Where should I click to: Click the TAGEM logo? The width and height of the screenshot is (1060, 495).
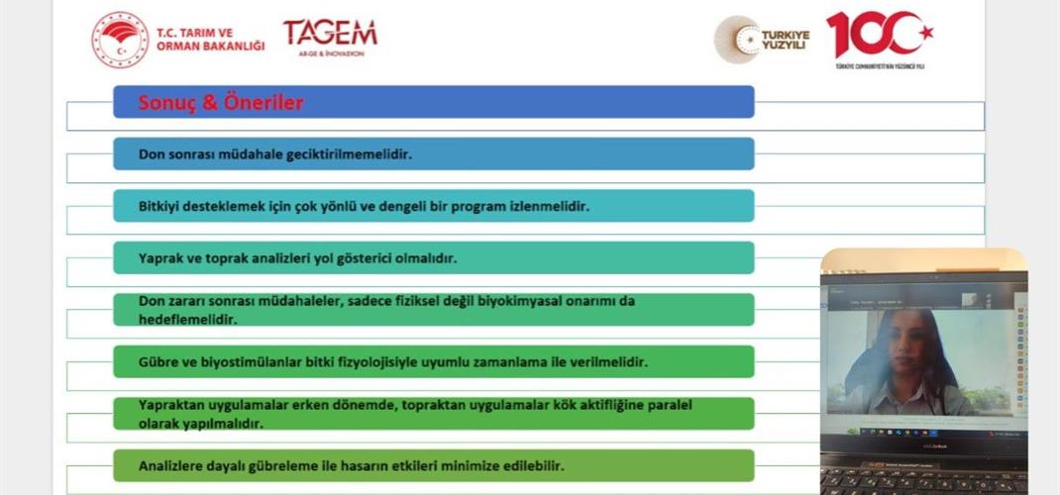pyautogui.click(x=330, y=35)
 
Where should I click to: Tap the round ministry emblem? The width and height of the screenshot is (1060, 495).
pyautogui.click(x=120, y=40)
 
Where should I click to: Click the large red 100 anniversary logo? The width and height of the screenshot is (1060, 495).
pyautogui.click(x=880, y=36)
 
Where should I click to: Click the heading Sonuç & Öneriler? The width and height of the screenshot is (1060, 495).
pyautogui.click(x=221, y=102)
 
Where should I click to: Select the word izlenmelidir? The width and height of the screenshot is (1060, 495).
pyautogui.click(x=552, y=207)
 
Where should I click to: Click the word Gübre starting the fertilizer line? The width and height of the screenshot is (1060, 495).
pyautogui.click(x=159, y=362)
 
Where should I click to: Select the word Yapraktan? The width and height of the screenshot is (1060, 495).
pyautogui.click(x=172, y=405)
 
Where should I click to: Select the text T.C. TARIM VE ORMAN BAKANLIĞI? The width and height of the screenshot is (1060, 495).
pyautogui.click(x=210, y=40)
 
